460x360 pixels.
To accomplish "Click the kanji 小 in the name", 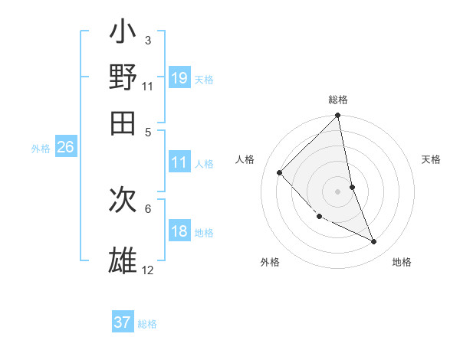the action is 123,34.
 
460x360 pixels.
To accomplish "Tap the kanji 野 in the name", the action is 123,77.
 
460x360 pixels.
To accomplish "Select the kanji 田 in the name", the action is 123,120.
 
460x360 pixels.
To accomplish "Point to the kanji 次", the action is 123,201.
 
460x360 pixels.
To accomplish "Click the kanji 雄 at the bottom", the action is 123,260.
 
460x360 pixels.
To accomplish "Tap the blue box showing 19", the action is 179,77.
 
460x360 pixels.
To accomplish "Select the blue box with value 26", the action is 65,148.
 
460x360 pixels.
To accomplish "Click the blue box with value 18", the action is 179,231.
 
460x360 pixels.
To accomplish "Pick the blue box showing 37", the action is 123,322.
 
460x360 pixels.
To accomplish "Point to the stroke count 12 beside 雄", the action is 147,270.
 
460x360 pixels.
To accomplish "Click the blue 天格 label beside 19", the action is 204,79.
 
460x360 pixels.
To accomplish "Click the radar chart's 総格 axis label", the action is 338,100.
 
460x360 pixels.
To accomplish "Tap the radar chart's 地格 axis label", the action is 402,262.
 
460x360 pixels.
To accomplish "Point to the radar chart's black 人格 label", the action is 245,159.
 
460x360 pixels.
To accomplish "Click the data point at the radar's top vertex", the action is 338,116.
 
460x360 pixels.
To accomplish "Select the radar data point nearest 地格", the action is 374,241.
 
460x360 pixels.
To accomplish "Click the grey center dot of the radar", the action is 337,191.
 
